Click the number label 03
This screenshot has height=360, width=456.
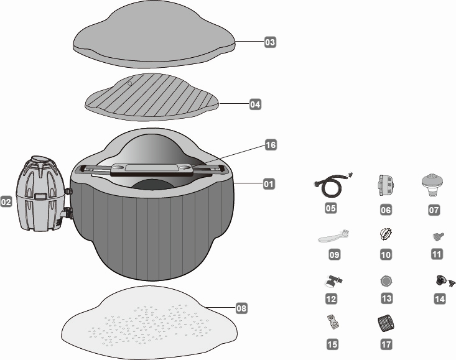coord(269,43)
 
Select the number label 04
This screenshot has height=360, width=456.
coord(254,105)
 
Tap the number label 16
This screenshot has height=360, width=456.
coord(270,145)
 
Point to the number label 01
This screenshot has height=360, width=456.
coord(268,184)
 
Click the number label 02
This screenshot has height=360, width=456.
coord(7,202)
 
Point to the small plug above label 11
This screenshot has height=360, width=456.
coord(438,236)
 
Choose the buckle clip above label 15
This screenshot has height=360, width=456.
coord(333,322)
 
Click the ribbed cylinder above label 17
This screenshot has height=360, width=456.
coord(386,323)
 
